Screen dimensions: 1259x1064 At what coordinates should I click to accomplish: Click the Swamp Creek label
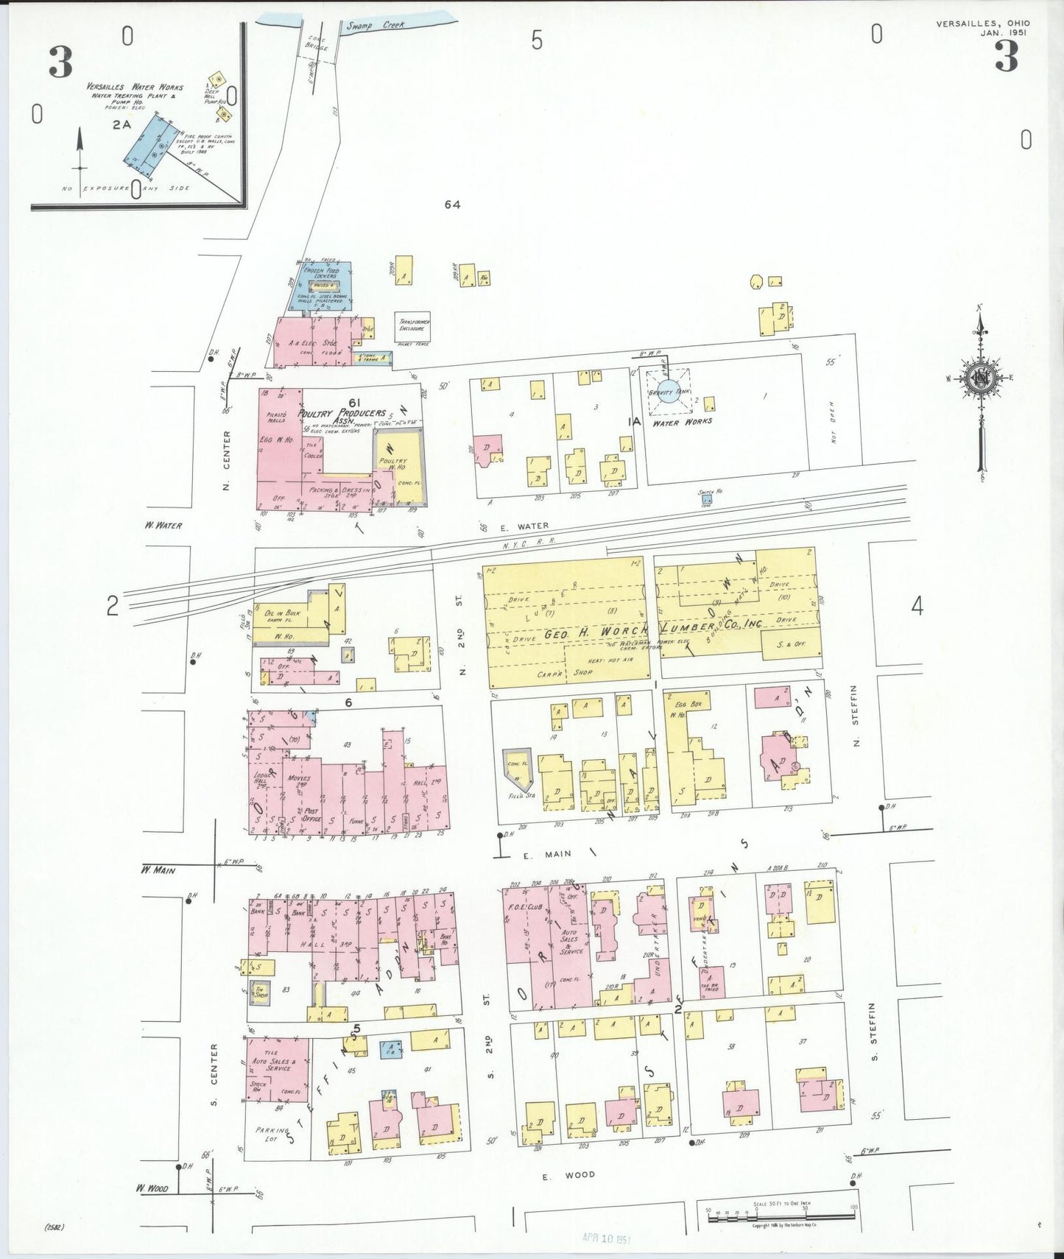pyautogui.click(x=376, y=25)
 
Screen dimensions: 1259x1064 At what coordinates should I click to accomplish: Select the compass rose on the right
pyautogui.click(x=981, y=378)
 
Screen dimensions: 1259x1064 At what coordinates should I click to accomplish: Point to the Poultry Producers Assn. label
pyautogui.click(x=342, y=415)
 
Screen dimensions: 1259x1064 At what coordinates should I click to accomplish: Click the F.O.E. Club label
pyautogui.click(x=524, y=907)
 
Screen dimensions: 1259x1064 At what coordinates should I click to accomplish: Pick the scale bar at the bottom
pyautogui.click(x=781, y=1219)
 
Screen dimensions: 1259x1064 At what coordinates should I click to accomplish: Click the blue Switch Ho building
pyautogui.click(x=706, y=498)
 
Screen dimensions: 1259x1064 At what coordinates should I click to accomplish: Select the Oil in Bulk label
pyautogui.click(x=282, y=613)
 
